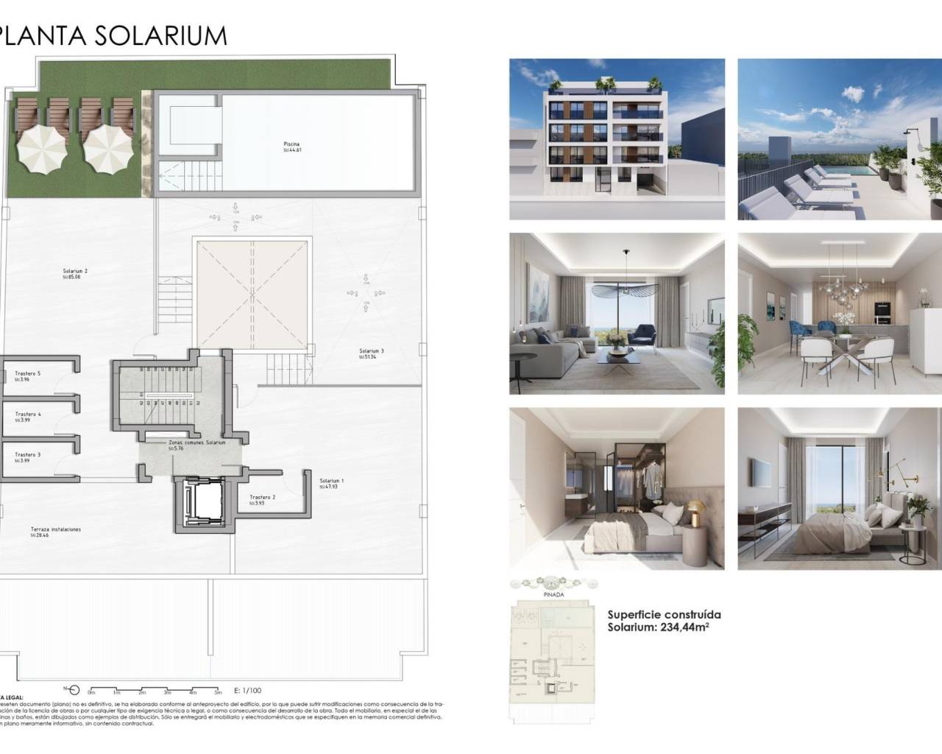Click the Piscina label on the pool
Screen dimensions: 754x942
(291, 144)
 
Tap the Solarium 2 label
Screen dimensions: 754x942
(75, 272)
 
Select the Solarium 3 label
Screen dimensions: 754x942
(372, 351)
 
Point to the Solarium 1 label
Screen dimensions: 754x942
(332, 481)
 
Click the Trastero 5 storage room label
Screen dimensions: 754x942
(27, 374)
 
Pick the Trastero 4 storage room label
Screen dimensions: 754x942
(28, 415)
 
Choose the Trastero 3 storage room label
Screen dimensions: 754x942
(28, 455)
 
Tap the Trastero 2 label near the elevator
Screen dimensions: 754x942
(263, 497)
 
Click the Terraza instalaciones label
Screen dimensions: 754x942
(56, 530)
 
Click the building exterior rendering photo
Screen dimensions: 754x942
(617, 139)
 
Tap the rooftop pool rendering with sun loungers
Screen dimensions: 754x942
(840, 139)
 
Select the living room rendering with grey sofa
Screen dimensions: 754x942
(617, 314)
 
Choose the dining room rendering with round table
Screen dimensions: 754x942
(840, 314)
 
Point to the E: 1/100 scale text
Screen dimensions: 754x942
(247, 691)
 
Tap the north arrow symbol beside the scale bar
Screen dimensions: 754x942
(72, 689)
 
